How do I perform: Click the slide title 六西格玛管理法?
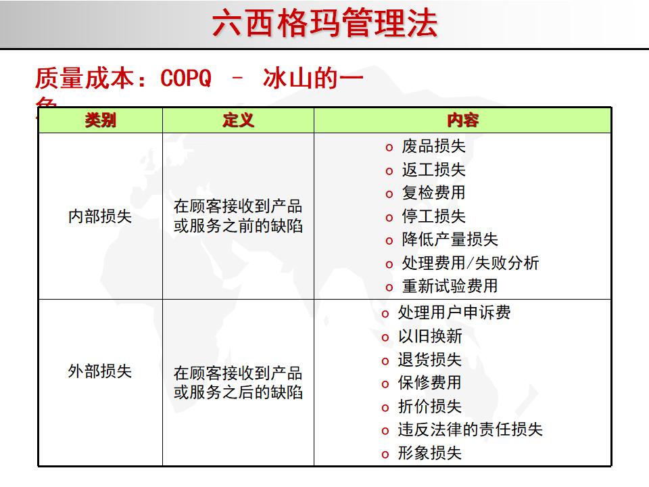(324, 24)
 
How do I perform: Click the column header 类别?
(100, 120)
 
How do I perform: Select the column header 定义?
(238, 120)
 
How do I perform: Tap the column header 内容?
(462, 120)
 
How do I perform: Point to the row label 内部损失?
(100, 216)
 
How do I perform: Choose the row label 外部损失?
(100, 371)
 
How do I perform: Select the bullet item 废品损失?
(433, 146)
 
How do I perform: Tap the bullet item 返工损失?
(433, 170)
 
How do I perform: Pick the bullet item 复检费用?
(433, 193)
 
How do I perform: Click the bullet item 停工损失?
(433, 216)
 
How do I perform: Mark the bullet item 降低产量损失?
(450, 239)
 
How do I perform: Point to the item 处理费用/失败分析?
(470, 263)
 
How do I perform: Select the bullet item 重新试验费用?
(450, 286)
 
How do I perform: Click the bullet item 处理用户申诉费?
(454, 312)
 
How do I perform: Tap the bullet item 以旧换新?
(429, 336)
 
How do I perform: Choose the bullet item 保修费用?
(429, 383)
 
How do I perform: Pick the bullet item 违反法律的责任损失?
(470, 430)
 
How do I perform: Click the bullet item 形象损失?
(429, 453)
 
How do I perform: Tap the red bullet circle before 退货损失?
(385, 361)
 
